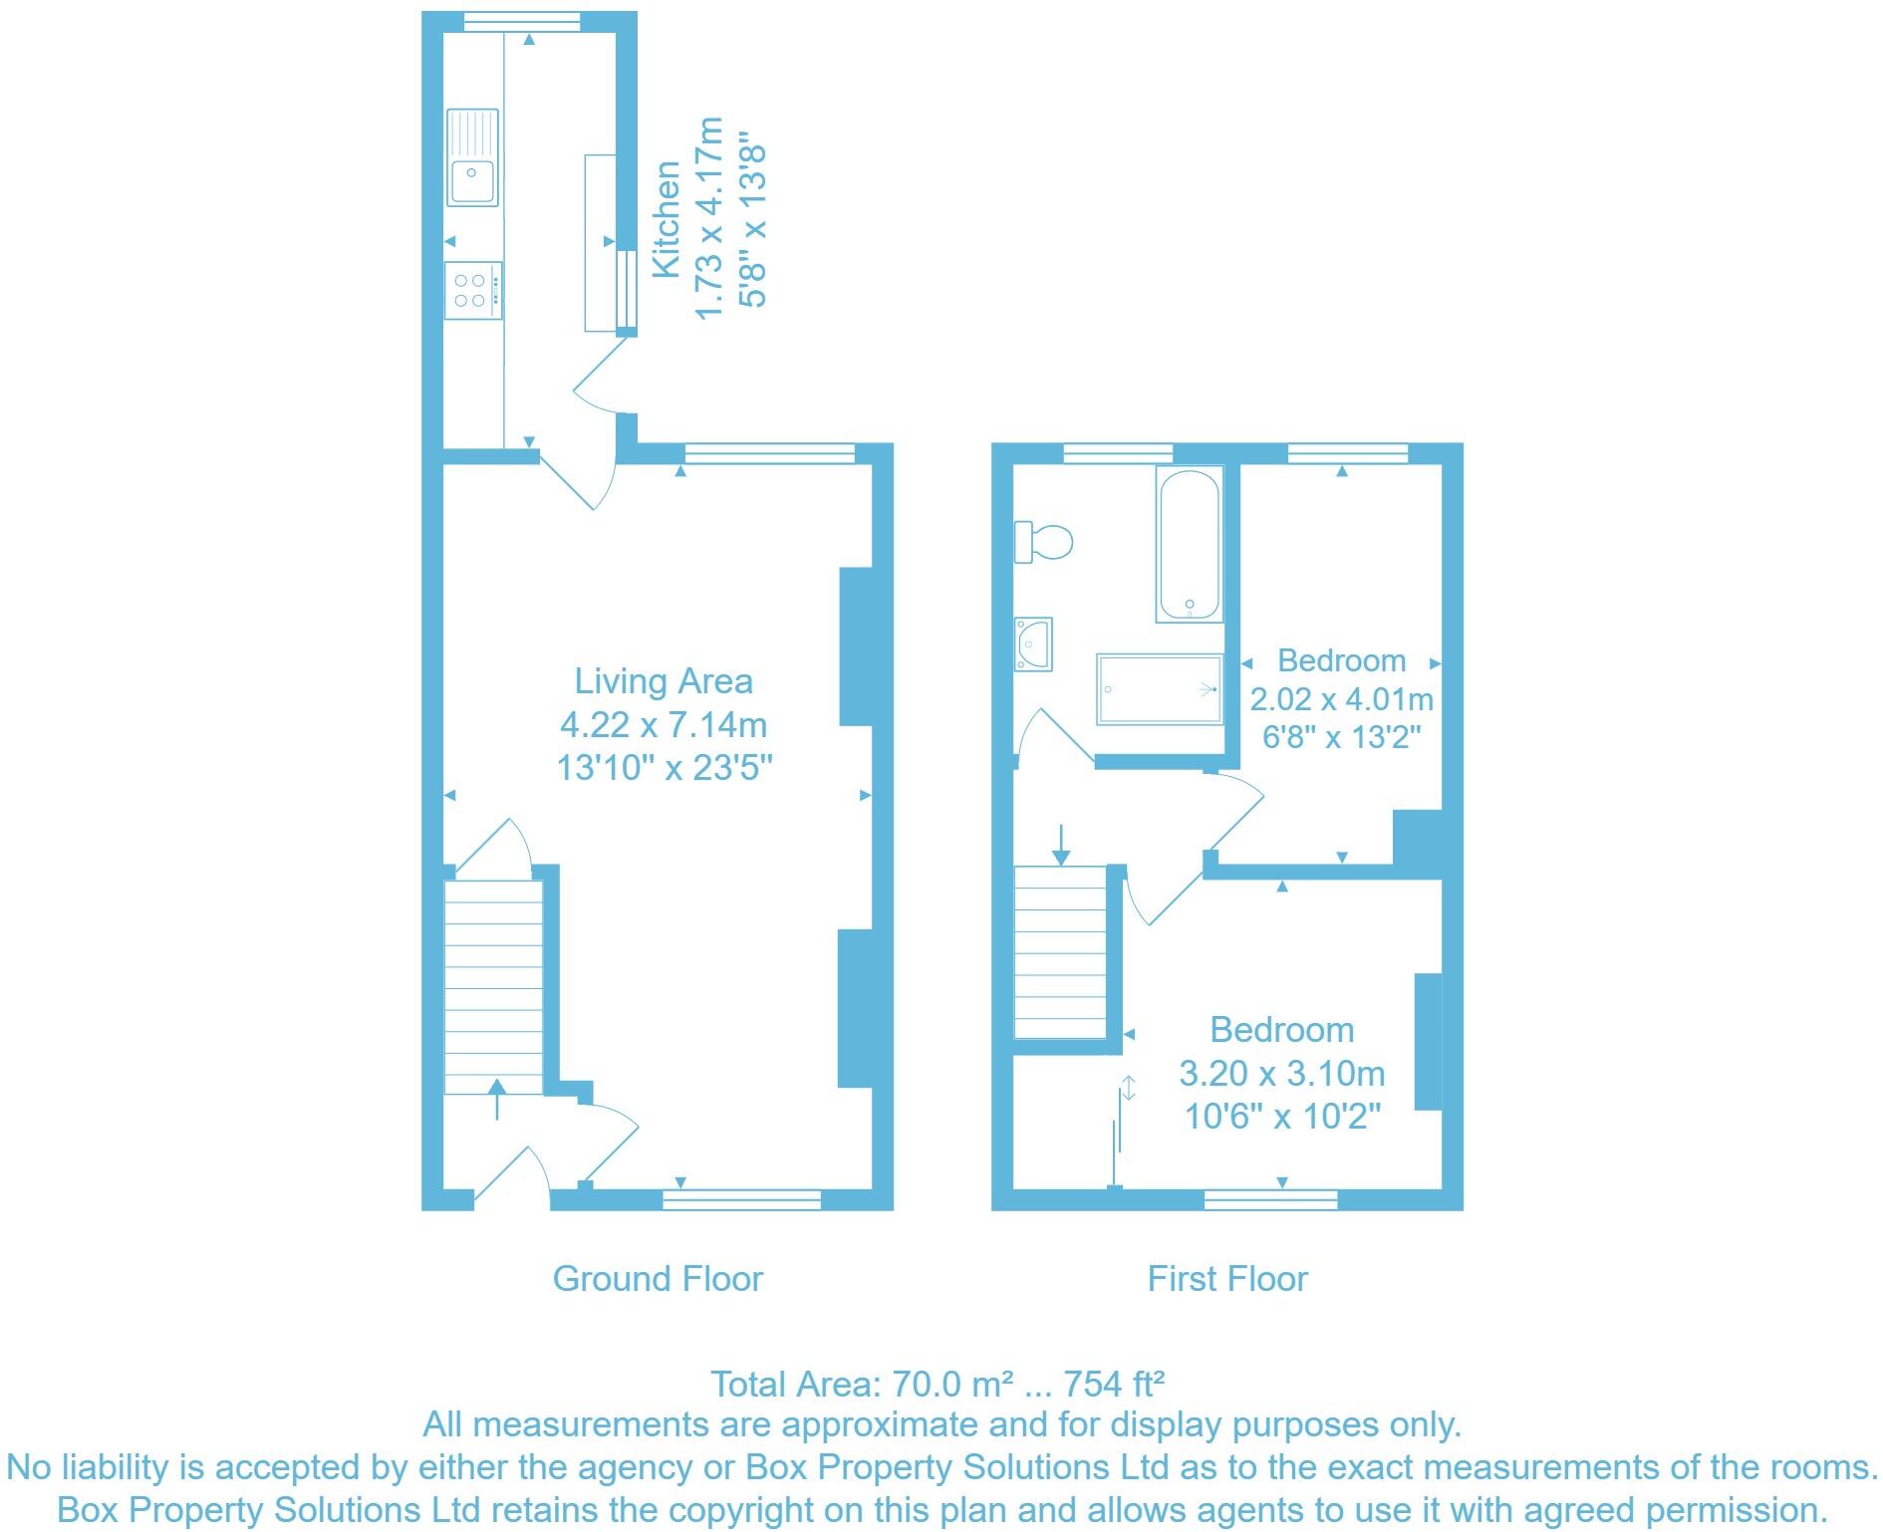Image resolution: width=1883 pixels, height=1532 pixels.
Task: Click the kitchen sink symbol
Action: click(x=472, y=157)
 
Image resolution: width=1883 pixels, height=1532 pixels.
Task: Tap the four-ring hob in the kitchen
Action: click(x=473, y=290)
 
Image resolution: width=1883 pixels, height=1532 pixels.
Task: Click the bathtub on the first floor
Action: click(x=1189, y=544)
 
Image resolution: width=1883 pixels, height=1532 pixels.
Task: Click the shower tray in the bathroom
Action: click(x=1159, y=688)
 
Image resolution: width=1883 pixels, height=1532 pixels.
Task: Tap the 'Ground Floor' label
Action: click(x=658, y=1279)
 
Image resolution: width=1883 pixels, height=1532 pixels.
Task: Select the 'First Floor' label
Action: click(x=1226, y=1279)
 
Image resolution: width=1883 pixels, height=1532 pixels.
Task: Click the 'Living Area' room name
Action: click(x=664, y=681)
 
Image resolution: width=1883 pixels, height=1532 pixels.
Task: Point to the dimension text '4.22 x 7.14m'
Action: click(x=664, y=724)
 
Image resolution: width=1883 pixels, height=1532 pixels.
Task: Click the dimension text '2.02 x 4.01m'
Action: click(x=1341, y=699)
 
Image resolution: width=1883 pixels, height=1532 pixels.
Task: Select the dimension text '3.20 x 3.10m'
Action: click(x=1281, y=1073)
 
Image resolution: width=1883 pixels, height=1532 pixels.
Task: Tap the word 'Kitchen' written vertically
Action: click(x=666, y=219)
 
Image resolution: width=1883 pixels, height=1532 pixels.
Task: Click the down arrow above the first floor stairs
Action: click(x=1061, y=844)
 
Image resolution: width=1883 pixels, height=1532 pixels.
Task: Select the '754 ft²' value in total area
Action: click(x=1114, y=1384)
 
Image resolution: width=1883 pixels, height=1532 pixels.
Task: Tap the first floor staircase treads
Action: click(x=1060, y=952)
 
